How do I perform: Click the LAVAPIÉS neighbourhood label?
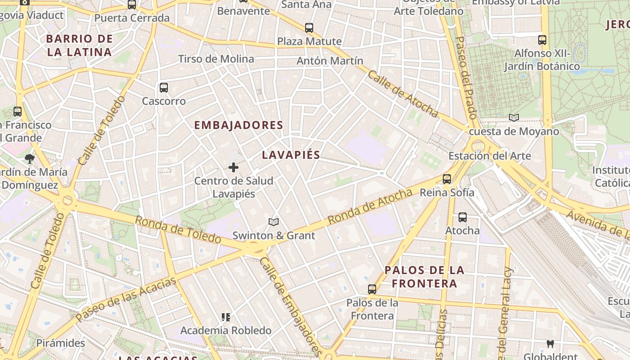[x=291, y=155]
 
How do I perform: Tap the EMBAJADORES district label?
[x=238, y=125]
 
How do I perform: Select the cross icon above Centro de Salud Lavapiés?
[x=234, y=167]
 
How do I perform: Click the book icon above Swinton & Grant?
[x=273, y=222]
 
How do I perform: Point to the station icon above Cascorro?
[x=164, y=88]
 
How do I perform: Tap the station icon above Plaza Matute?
[x=309, y=28]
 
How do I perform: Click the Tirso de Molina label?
[x=216, y=59]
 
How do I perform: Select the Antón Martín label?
[x=330, y=60]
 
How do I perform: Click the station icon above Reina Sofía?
[x=447, y=179]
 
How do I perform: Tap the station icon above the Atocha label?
[x=462, y=217]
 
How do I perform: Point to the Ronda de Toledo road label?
[x=178, y=229]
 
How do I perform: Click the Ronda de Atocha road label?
[x=369, y=207]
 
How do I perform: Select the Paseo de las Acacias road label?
[x=126, y=299]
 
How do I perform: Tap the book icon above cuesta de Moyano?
[x=513, y=118]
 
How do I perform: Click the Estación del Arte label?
[x=490, y=156]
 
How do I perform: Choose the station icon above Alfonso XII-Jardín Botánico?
[x=542, y=40]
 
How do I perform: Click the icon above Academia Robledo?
[x=226, y=317]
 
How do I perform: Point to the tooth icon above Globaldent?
[x=549, y=344]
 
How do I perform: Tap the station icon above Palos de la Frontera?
[x=372, y=289]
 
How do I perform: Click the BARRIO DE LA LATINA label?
[x=79, y=45]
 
